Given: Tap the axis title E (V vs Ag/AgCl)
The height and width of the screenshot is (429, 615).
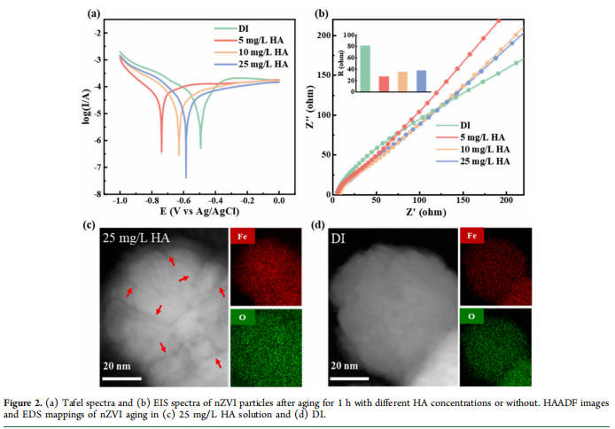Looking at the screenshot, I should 199,213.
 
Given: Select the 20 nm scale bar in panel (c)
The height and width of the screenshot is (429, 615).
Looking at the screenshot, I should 122,378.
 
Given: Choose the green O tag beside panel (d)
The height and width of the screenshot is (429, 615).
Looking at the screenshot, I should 471,316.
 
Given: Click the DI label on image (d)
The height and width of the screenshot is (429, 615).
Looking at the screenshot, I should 343,238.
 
